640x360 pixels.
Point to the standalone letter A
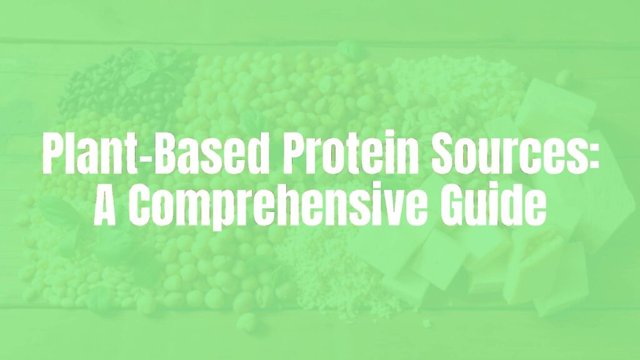107,206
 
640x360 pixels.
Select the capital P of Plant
54,154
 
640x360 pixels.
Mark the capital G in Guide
459,206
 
